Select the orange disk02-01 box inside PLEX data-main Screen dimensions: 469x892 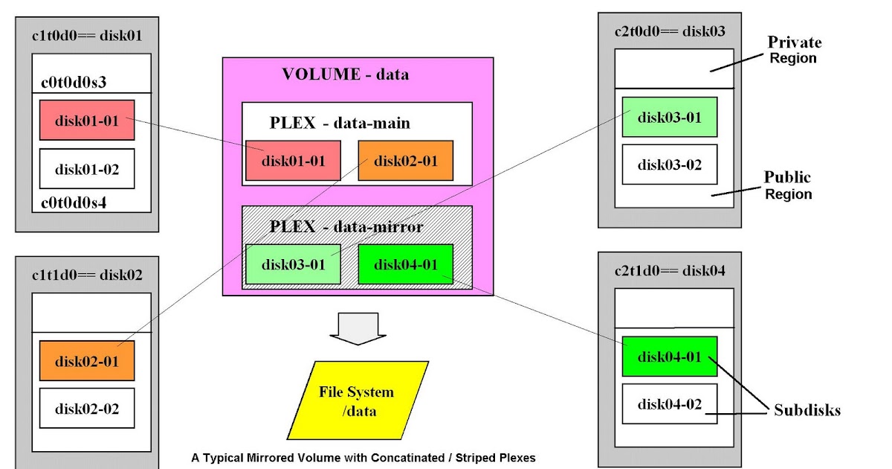(x=405, y=160)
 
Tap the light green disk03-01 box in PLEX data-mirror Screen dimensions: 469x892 (x=293, y=264)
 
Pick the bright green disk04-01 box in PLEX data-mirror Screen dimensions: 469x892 (x=405, y=264)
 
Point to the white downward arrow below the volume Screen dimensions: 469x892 (x=358, y=328)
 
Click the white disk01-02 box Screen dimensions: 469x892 (x=87, y=169)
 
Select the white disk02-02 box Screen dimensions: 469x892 (x=87, y=408)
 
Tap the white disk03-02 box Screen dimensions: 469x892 (x=670, y=165)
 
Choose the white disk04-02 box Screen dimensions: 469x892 (x=670, y=403)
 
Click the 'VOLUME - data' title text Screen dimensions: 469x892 (x=345, y=74)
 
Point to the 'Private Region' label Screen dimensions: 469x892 (x=794, y=50)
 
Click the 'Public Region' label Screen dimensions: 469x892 (x=788, y=185)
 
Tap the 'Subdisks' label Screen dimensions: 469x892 (x=807, y=410)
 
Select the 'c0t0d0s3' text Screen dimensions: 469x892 (x=72, y=82)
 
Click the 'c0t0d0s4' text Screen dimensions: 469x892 (x=72, y=201)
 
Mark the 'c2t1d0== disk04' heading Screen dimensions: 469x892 (x=670, y=270)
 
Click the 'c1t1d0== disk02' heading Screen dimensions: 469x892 (x=87, y=275)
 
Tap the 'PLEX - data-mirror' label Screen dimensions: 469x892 (x=346, y=226)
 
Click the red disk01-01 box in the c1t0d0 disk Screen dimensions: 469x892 (x=87, y=120)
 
